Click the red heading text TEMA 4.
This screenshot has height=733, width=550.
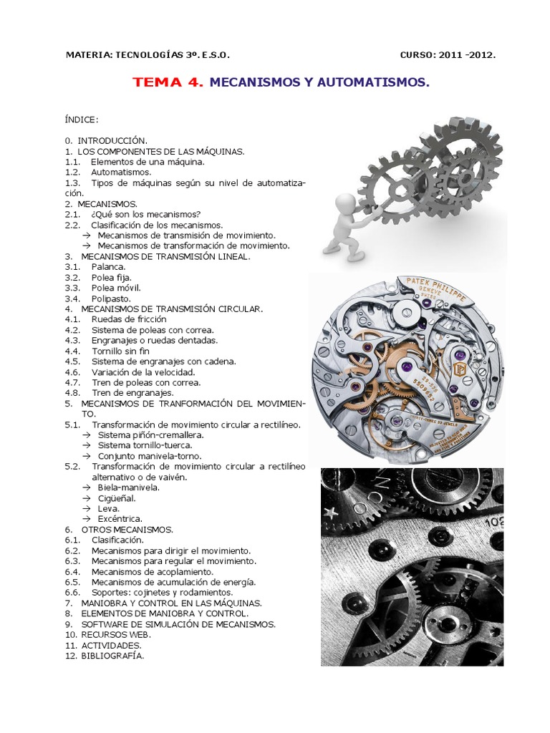pos(168,83)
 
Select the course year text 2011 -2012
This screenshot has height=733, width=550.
pos(469,54)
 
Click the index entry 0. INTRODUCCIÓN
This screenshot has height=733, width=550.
pos(105,141)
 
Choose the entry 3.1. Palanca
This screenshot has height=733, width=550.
pos(95,266)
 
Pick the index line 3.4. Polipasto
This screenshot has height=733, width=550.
pos(100,298)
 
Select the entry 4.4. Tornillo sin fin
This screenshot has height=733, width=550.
pos(107,351)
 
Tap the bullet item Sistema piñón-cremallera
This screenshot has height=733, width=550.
pos(150,435)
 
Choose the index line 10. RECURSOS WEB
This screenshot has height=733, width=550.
pos(107,634)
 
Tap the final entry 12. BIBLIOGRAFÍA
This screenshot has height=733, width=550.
pos(105,655)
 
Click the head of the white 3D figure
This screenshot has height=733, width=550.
pos(345,204)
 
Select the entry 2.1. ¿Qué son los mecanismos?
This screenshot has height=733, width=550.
pos(132,214)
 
